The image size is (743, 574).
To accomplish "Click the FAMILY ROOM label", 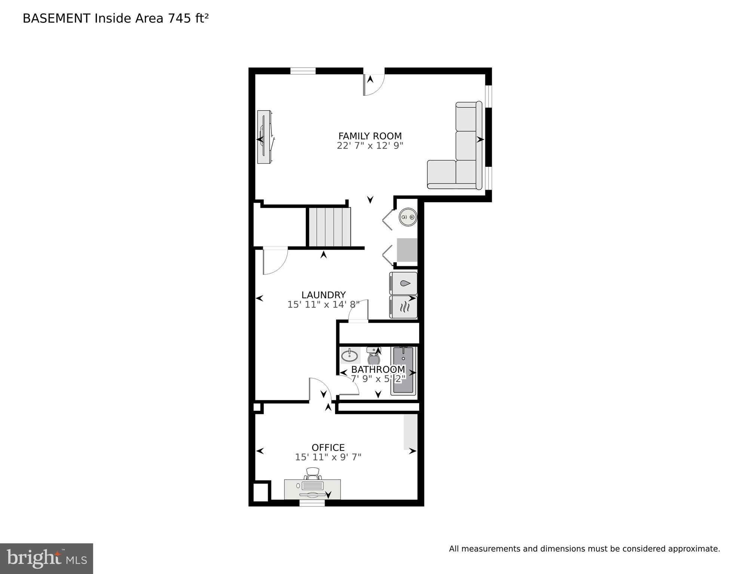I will (370, 136).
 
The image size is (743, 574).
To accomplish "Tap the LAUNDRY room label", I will (323, 295).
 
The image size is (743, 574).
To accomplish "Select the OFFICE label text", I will (328, 448).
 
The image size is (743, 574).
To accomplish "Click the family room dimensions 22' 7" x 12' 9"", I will (370, 146).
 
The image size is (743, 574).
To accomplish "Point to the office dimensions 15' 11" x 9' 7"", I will (328, 457).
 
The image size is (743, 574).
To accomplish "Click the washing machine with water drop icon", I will (403, 283).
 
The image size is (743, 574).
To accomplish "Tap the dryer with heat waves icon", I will (403, 307).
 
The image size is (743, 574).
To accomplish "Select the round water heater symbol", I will (408, 217).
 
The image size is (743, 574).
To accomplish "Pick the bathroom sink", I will (350, 355).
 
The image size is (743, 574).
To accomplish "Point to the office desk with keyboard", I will (312, 489).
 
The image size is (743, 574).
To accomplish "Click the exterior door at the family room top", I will (374, 82).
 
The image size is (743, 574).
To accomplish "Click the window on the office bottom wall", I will (312, 503).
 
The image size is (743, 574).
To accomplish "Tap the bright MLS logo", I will (46, 558).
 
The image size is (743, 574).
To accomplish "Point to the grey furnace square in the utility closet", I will (407, 250).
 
